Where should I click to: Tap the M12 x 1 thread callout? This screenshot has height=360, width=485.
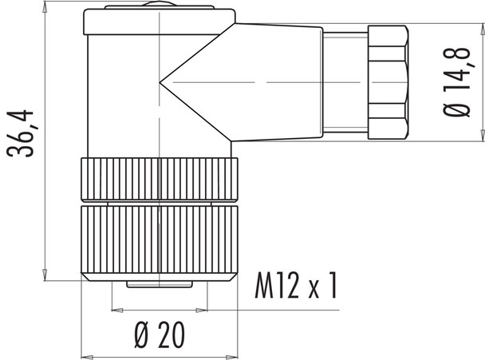click(294, 286)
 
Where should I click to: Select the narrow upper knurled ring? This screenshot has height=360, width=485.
click(160, 180)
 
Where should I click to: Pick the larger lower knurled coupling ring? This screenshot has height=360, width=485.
click(160, 239)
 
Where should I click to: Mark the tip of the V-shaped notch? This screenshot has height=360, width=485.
click(160, 81)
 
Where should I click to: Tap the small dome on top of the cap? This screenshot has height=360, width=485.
click(160, 10)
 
